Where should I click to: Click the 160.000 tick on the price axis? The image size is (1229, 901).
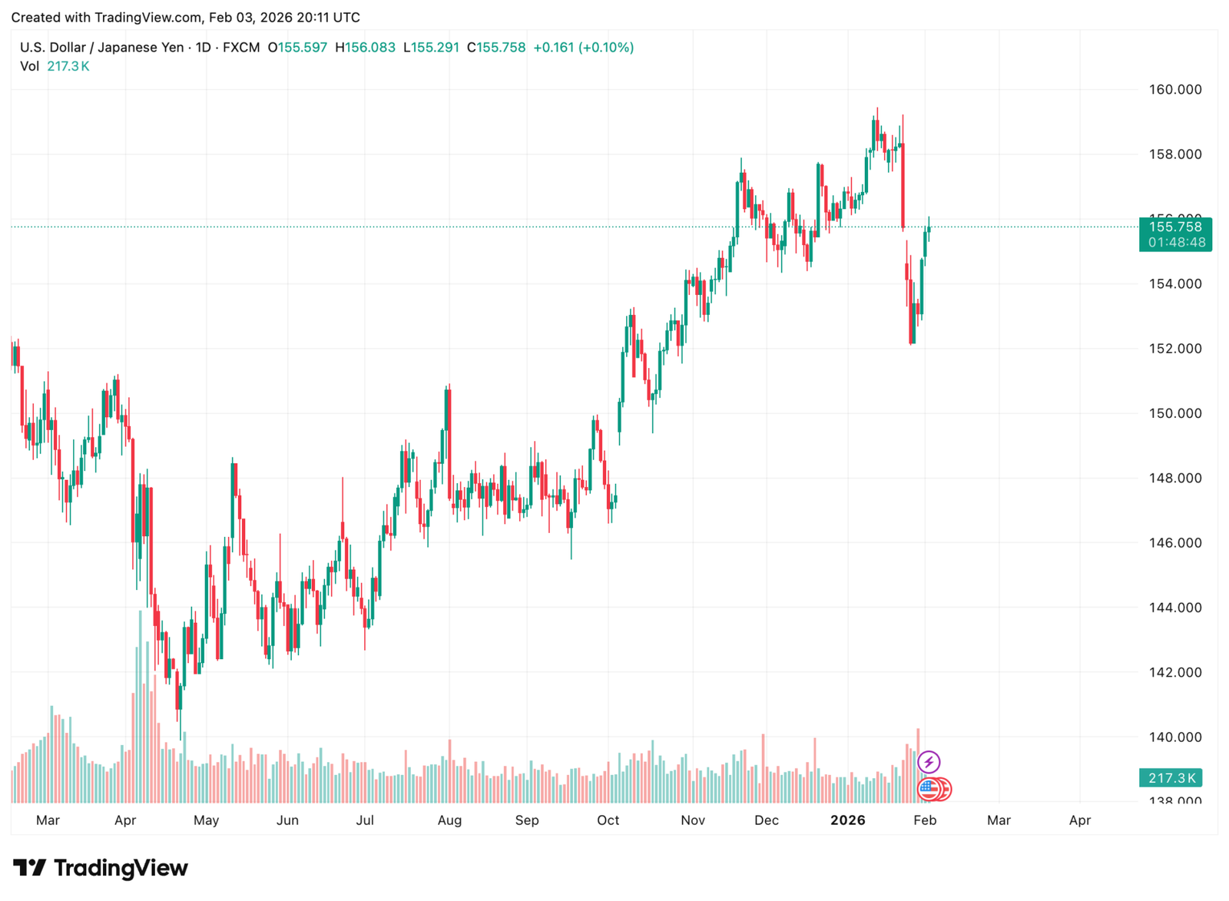click(x=1174, y=90)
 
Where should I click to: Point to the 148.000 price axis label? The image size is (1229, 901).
click(x=1174, y=478)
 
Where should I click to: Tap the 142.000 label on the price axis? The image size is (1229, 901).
click(x=1174, y=672)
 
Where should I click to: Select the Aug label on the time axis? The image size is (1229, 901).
click(x=449, y=820)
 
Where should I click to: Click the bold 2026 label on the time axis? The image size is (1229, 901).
click(x=848, y=820)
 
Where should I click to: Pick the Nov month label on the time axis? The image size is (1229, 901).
click(x=692, y=820)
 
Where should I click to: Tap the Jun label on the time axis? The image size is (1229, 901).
click(x=287, y=820)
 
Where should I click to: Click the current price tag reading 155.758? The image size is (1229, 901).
click(x=1175, y=227)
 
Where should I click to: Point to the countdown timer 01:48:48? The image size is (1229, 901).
click(x=1175, y=243)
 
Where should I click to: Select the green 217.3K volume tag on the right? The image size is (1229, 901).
click(x=1171, y=778)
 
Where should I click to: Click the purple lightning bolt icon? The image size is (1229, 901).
click(x=929, y=762)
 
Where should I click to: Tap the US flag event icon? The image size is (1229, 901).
click(x=929, y=788)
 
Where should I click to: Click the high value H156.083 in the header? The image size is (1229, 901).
click(x=365, y=48)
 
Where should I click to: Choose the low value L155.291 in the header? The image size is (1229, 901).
click(x=431, y=48)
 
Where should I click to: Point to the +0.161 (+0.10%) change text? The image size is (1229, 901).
click(x=583, y=48)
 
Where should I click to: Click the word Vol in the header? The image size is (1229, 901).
click(x=29, y=67)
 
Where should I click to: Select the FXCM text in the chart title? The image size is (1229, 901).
click(x=241, y=48)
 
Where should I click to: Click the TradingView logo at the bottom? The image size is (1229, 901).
click(x=101, y=868)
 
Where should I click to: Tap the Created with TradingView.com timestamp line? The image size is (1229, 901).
click(x=185, y=17)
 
